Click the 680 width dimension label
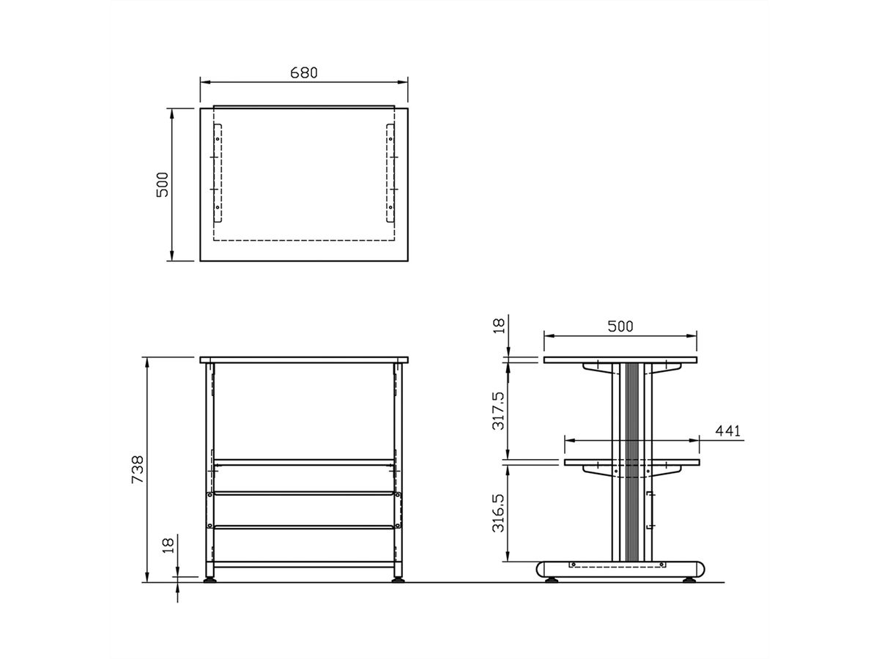(x=303, y=72)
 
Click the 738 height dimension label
(x=138, y=469)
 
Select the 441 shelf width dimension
(x=727, y=431)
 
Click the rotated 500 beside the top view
(x=162, y=185)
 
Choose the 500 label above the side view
(x=620, y=327)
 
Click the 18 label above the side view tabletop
(x=500, y=326)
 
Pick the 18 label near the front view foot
(x=168, y=545)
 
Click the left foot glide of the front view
(x=209, y=579)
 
